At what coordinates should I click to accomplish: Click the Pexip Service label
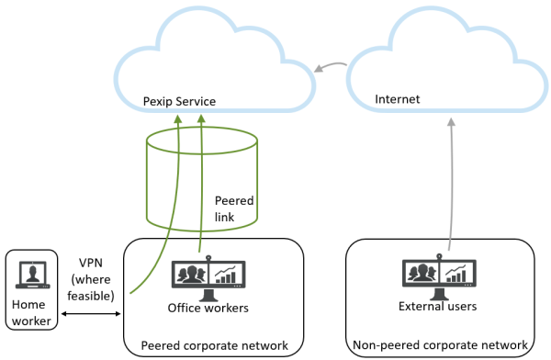coord(179,100)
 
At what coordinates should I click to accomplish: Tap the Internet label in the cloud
coord(398,96)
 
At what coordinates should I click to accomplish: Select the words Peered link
coord(233,208)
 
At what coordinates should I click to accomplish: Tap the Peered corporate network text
coord(214,345)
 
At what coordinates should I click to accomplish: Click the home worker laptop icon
coord(32,276)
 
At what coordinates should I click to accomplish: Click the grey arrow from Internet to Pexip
coord(330,67)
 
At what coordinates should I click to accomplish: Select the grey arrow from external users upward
coord(450,184)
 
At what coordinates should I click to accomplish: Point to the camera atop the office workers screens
coord(210,260)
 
